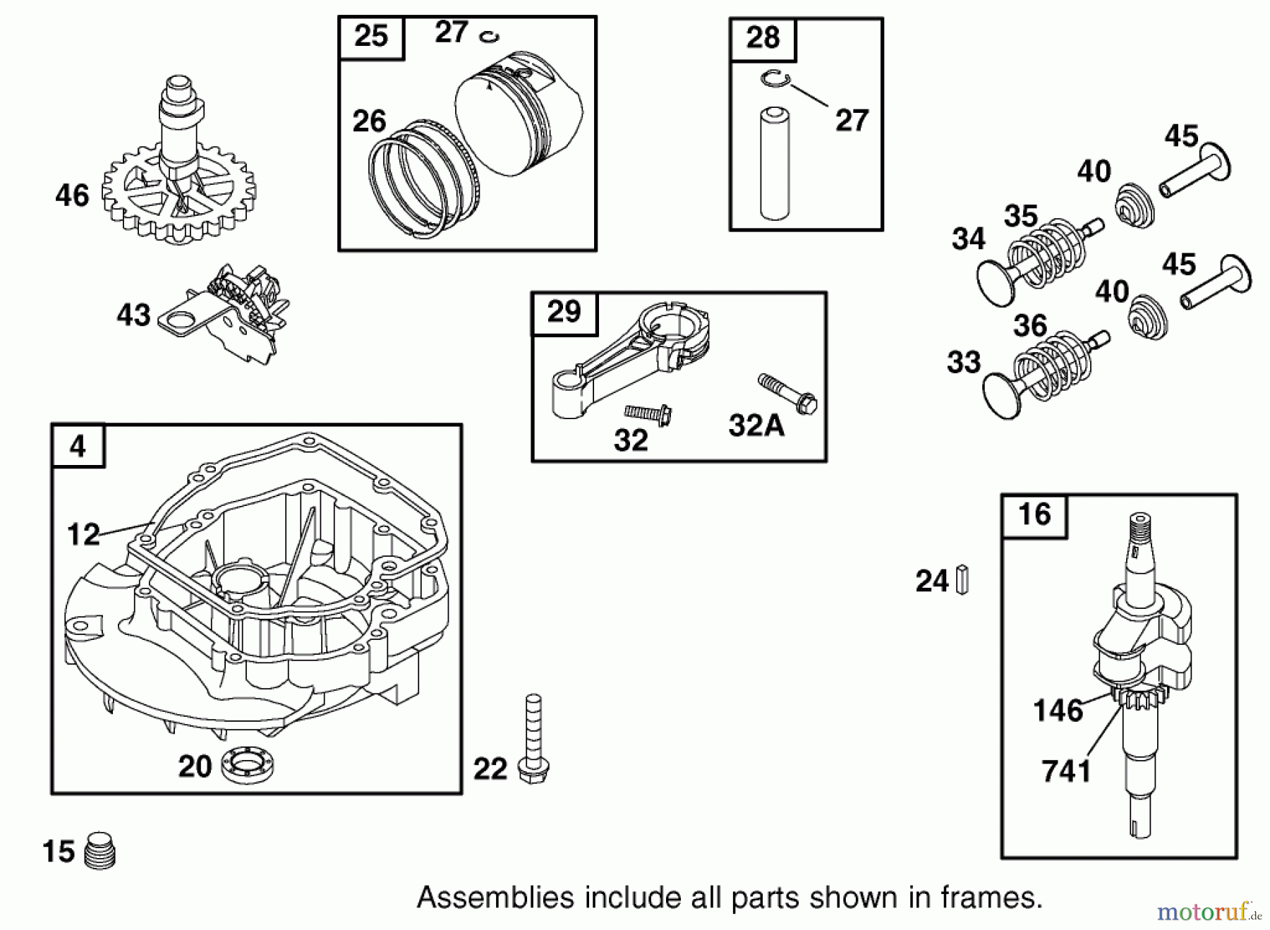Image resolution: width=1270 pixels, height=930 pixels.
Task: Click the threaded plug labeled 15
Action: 100,851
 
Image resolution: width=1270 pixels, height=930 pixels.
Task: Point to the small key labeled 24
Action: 962,580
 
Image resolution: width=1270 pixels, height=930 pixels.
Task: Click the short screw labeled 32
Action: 648,414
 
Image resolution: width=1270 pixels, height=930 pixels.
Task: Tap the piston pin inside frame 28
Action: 775,164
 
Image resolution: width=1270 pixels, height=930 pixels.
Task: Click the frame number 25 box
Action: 371,36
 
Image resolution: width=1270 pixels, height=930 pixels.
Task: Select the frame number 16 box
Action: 1034,515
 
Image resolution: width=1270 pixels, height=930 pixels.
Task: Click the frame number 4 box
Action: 78,447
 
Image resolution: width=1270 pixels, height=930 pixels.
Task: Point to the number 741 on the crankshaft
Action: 1066,771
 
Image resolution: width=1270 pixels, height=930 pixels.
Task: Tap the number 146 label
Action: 1058,710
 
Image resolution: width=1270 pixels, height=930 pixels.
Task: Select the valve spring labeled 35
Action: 1047,253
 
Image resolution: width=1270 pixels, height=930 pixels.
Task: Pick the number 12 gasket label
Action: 83,534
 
